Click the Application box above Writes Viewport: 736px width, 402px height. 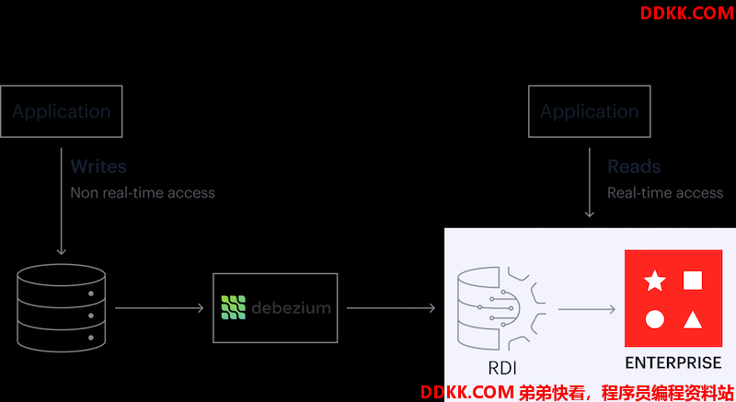62,112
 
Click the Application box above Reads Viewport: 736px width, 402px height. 589,112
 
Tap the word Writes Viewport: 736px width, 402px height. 98,167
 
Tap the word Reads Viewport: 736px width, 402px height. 634,167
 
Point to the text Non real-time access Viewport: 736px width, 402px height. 143,193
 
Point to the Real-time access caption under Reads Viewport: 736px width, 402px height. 665,193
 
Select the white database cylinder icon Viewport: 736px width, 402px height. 62,307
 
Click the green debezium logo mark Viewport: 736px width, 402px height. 234,307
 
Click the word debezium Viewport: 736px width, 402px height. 290,308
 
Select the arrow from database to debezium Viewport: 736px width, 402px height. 159,308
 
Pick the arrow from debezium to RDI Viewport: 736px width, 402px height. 391,308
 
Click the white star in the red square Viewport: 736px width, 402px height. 654,281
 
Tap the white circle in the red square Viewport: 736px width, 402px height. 654,320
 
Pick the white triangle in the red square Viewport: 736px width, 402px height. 694,320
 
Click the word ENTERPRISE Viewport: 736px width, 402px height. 673,362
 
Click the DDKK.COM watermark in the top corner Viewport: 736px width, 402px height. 686,14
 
